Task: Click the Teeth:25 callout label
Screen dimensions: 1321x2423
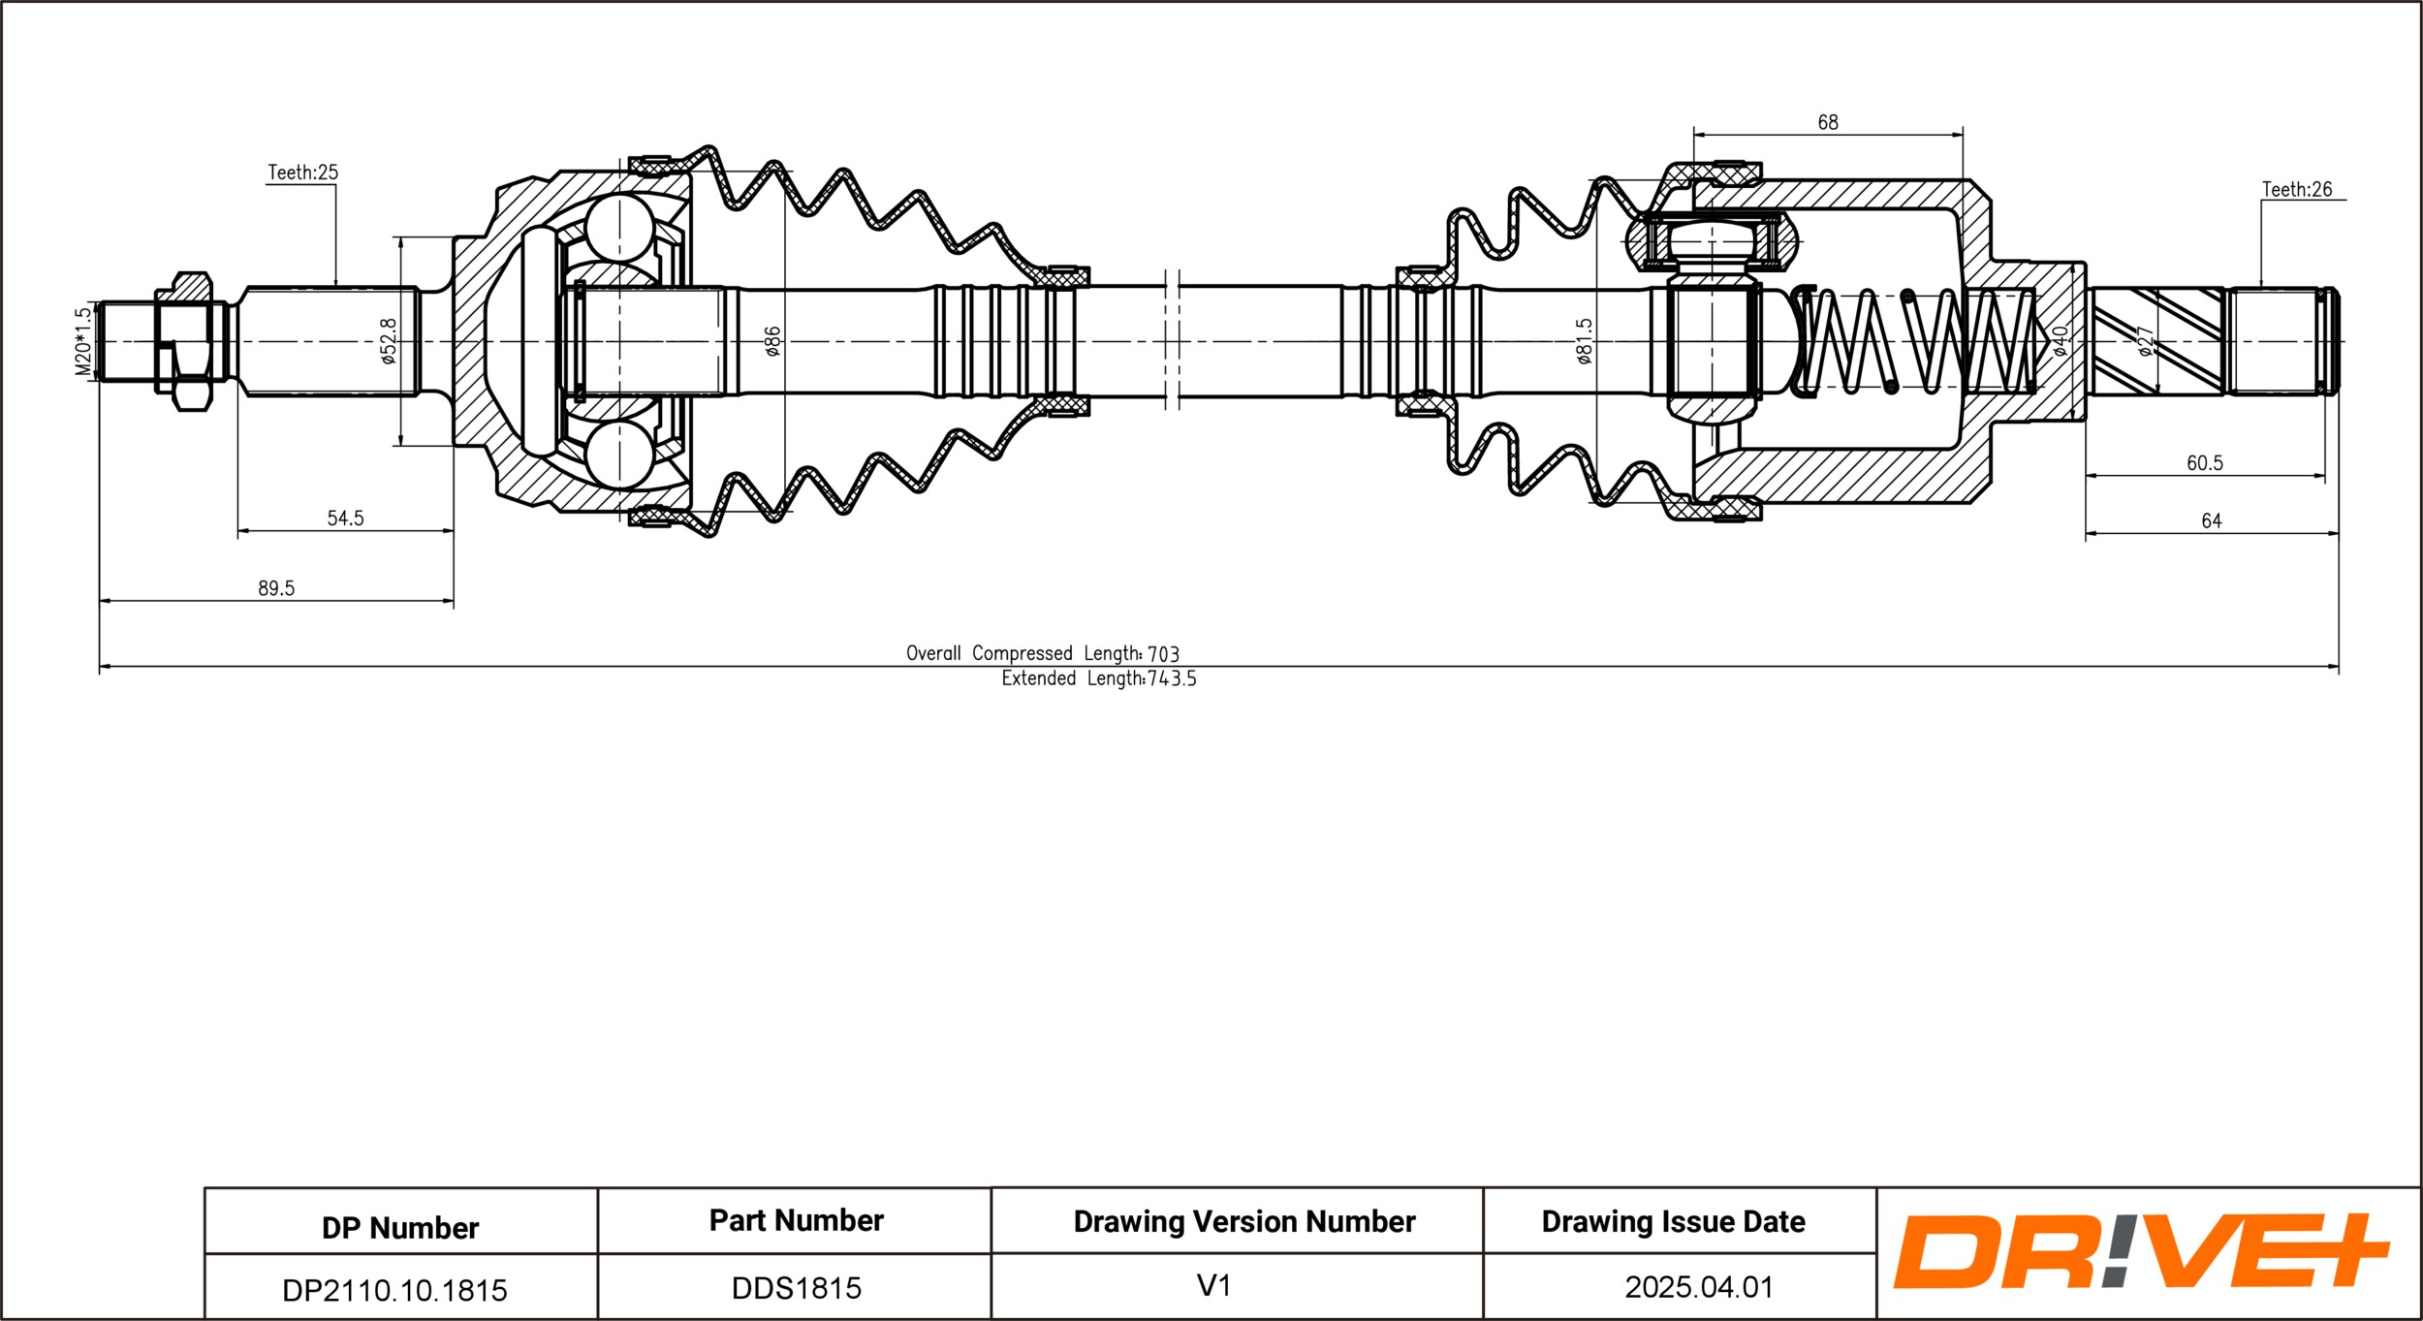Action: pyautogui.click(x=302, y=173)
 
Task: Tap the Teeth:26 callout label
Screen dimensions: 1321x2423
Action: pyautogui.click(x=2297, y=189)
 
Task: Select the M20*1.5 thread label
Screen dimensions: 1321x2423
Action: pyautogui.click(x=83, y=341)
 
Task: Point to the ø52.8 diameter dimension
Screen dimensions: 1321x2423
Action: pyautogui.click(x=389, y=341)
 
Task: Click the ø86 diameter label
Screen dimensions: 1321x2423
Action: pyautogui.click(x=772, y=341)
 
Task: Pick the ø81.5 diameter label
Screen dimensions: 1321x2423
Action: pyautogui.click(x=1585, y=341)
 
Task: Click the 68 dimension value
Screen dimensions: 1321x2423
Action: pyautogui.click(x=1827, y=122)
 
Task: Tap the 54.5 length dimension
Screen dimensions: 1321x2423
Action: pyautogui.click(x=345, y=519)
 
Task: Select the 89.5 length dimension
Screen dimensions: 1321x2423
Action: pyautogui.click(x=276, y=588)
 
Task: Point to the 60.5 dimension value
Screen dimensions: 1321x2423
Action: pyautogui.click(x=2205, y=463)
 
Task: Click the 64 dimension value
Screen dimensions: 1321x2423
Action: pyautogui.click(x=2212, y=521)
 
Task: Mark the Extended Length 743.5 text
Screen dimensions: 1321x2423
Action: pyautogui.click(x=1099, y=679)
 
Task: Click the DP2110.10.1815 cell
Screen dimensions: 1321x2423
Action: pyautogui.click(x=394, y=1290)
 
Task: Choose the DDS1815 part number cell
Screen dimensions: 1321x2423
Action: pyautogui.click(x=796, y=1288)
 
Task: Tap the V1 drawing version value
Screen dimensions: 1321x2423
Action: pyautogui.click(x=1213, y=1286)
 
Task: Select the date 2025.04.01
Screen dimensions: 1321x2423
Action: pyautogui.click(x=1699, y=1287)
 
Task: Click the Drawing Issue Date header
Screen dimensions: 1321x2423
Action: pyautogui.click(x=1673, y=1222)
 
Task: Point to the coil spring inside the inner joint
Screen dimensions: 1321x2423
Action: pyautogui.click(x=1914, y=342)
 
